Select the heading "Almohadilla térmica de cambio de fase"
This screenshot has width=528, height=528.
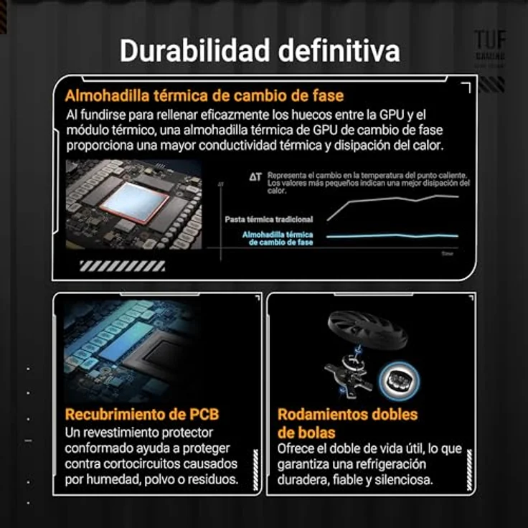pos(204,96)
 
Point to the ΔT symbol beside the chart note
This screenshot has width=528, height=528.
pos(255,176)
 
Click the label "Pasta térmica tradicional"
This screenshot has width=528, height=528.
pos(268,219)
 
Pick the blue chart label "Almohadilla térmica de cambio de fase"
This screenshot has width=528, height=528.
pos(278,238)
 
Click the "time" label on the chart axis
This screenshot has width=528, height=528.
pos(448,253)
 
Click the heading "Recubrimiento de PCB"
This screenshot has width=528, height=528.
pos(142,414)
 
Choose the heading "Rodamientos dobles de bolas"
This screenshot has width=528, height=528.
pos(347,423)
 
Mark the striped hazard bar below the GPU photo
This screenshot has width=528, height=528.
pos(122,266)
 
